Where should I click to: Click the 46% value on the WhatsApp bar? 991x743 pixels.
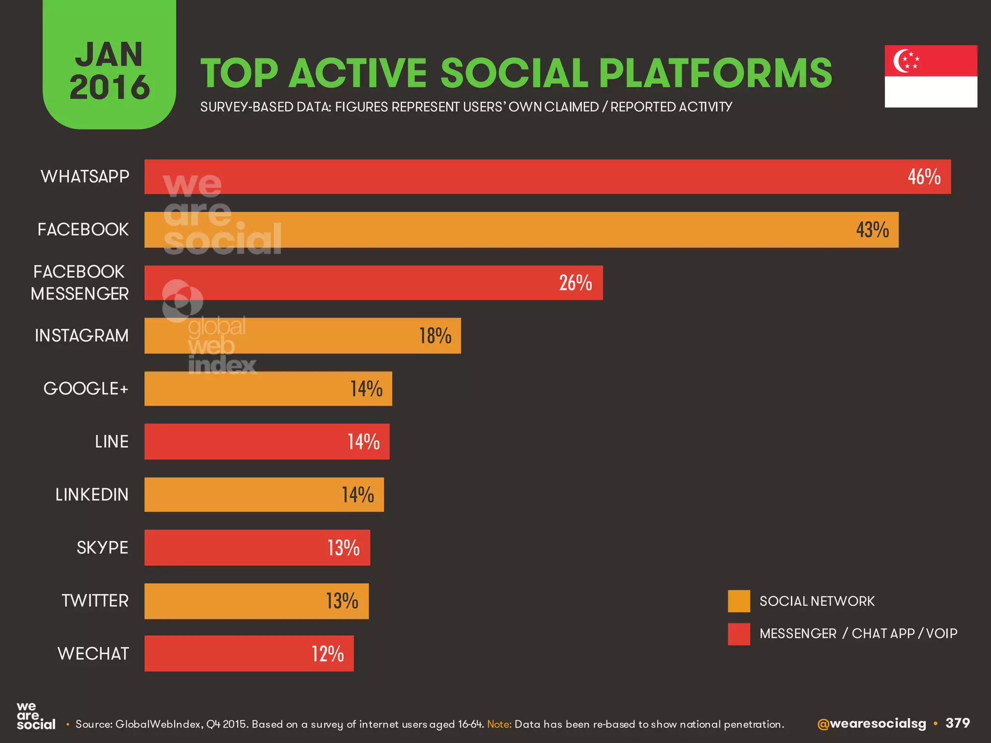coord(924,177)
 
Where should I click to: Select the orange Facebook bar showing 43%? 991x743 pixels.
coord(521,230)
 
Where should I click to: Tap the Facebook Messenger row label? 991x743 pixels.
coord(80,282)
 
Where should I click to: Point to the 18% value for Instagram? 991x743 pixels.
coord(435,336)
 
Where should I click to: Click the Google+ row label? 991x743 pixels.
coord(86,388)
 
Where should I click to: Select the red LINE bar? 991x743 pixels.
coord(266,442)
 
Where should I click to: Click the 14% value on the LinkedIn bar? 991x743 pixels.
coord(358,495)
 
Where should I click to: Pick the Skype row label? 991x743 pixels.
coord(102,548)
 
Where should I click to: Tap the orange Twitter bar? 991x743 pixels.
coord(256,601)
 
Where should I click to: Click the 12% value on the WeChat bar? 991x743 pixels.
coord(328,654)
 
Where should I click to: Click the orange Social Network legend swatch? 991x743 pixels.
coord(739,601)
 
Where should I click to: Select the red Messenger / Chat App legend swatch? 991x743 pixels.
coord(739,634)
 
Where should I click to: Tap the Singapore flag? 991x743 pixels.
coord(931,76)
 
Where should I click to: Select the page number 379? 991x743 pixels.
coord(958,723)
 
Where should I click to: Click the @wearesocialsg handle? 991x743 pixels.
coord(871,724)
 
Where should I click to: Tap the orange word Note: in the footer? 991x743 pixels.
coord(499,724)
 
